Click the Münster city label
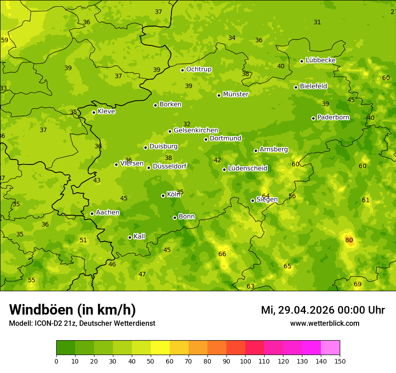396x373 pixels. pyautogui.click(x=236, y=94)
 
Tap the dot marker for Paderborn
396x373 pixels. pyautogui.click(x=314, y=118)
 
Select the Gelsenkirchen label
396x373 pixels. pyautogui.click(x=196, y=130)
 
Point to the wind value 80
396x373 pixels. pyautogui.click(x=349, y=240)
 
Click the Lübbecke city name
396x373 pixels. pyautogui.click(x=320, y=60)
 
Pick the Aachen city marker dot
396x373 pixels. pyautogui.click(x=92, y=213)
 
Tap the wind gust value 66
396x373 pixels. pyautogui.click(x=222, y=254)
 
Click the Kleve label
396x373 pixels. pyautogui.click(x=106, y=111)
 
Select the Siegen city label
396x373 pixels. pyautogui.click(x=267, y=200)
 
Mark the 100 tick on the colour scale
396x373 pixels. pyautogui.click(x=245, y=361)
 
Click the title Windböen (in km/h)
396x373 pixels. pyautogui.click(x=72, y=310)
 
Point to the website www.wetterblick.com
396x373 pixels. pyautogui.click(x=324, y=323)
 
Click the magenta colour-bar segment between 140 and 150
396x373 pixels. pyautogui.click(x=330, y=347)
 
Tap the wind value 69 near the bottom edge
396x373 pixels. pyautogui.click(x=357, y=284)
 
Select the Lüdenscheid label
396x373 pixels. pyautogui.click(x=247, y=169)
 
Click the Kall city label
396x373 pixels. pyautogui.click(x=139, y=236)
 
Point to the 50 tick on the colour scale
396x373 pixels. pyautogui.click(x=151, y=361)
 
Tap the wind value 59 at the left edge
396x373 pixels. pyautogui.click(x=4, y=40)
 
